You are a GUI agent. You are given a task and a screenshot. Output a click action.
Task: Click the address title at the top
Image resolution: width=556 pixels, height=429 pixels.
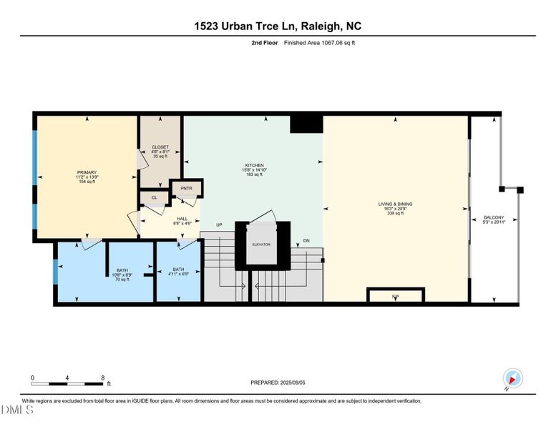278,26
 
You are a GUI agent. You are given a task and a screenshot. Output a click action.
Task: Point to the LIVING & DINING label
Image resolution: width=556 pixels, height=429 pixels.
395,204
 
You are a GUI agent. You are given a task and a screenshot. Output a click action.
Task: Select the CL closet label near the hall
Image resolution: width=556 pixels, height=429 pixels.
154,197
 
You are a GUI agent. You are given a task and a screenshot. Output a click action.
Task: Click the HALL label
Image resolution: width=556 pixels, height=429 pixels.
182,219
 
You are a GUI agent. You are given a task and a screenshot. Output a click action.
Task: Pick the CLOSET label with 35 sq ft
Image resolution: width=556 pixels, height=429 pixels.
160,147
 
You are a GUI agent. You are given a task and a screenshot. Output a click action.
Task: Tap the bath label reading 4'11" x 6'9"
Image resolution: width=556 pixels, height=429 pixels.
178,270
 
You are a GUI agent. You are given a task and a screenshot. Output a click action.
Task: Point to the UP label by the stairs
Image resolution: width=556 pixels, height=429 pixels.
220,225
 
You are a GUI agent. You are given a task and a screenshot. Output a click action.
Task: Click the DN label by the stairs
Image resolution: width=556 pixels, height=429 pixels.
306,240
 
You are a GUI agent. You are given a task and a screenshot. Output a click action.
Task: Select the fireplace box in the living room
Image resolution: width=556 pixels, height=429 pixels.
395,295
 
